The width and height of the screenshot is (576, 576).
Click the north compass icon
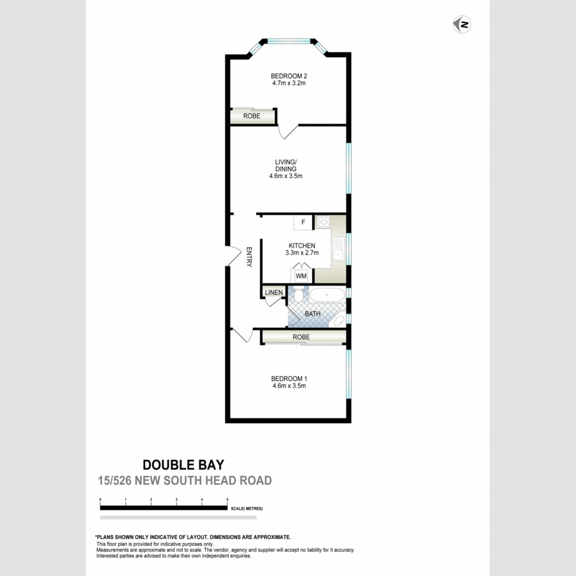coord(462,24)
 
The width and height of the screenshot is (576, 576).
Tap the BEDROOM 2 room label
coord(289,76)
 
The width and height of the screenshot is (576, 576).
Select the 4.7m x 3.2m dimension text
coord(289,83)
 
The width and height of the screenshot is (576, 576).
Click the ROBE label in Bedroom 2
coord(252,116)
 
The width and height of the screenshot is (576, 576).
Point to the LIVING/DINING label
coord(285,165)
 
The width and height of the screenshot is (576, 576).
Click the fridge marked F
coord(303,222)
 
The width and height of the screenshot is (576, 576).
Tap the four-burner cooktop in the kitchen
coord(323,222)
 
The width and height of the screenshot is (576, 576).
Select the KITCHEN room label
coord(302,246)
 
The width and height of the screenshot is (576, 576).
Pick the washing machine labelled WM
coord(301,276)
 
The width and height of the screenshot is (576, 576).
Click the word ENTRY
coord(249,257)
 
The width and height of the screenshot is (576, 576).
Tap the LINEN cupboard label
coord(273,293)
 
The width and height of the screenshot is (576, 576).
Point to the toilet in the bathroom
coord(299,296)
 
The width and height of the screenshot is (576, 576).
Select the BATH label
coord(313,314)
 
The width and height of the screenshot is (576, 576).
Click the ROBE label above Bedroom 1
coord(302,338)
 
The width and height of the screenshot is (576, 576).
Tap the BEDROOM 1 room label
coord(289,379)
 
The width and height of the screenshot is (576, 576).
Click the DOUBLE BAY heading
coord(183,465)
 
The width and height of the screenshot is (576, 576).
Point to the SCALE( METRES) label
coord(247,508)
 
